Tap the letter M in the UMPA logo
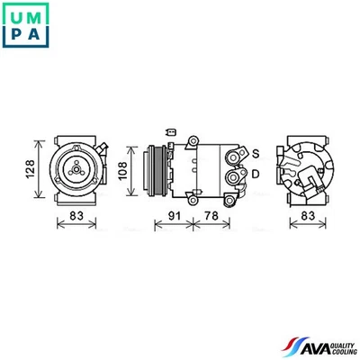39,14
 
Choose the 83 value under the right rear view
309,216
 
